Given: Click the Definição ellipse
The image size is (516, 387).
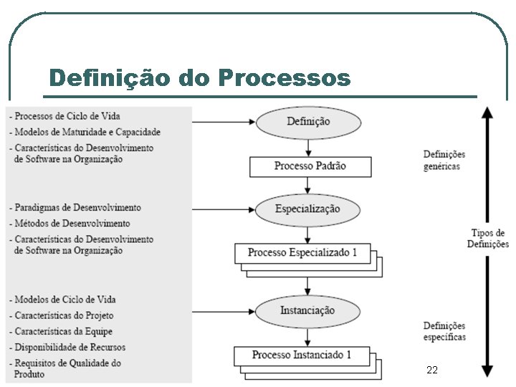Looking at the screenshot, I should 309,122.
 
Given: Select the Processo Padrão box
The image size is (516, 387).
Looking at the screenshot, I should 310,166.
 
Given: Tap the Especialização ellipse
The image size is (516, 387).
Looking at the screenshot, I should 308,209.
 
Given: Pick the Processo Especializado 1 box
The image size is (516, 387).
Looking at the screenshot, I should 302,253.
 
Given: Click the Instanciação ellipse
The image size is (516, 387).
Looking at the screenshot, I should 307,311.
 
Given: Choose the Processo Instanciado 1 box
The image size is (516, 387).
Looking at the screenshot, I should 302,355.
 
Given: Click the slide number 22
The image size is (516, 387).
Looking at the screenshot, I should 431,370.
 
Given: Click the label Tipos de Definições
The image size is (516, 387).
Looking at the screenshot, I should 487,238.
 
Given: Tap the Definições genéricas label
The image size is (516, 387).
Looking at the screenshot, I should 444,160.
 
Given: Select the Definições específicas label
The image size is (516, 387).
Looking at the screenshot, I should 444,331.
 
